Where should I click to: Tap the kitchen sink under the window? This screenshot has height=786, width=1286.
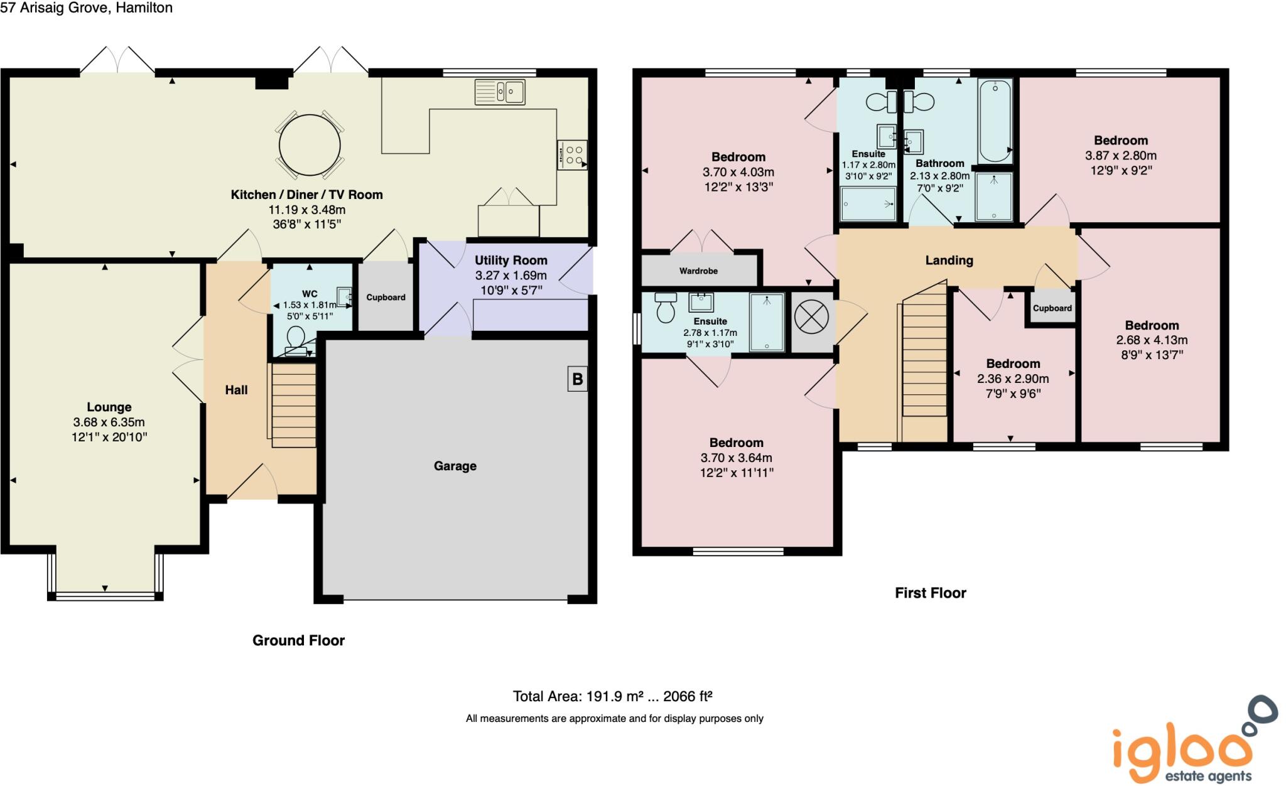pos(500,92)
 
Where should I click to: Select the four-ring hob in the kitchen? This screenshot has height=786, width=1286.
pos(572,155)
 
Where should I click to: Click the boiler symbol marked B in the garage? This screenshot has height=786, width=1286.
pos(577,379)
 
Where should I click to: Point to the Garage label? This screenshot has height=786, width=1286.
pos(455,466)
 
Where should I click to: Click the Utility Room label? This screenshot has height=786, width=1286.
pos(511,260)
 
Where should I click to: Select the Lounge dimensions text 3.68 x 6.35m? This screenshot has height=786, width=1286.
pos(109,422)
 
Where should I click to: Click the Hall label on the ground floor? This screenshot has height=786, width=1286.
pos(236,390)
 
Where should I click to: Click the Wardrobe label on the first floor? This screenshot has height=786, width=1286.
pos(698,271)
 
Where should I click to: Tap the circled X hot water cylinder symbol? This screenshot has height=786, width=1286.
pos(811,317)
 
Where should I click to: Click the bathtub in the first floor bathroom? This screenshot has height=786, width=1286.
pos(995,121)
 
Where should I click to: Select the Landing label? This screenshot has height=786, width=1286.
pos(949,260)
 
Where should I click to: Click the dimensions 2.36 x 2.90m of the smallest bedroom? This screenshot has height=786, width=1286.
pos(1013,379)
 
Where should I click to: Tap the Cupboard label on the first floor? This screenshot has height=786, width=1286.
pos(1052,308)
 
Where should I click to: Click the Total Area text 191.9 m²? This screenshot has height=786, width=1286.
pos(612,696)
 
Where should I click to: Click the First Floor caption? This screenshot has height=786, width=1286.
pos(930,593)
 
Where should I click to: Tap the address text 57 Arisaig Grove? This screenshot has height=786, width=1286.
pos(57,8)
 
